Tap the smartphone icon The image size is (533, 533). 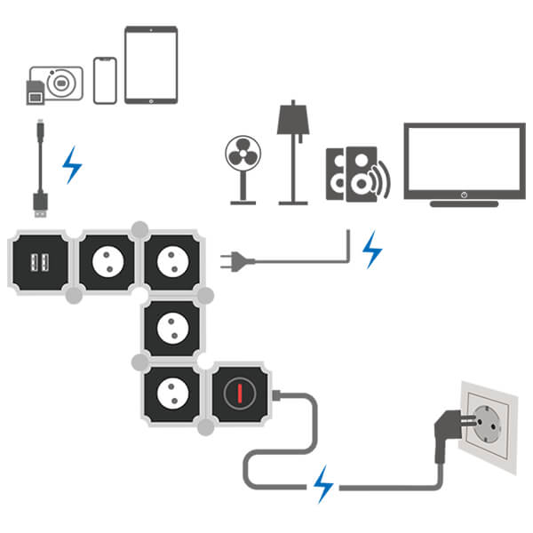point(105,80)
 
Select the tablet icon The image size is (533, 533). point(151,64)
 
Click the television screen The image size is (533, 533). point(464,160)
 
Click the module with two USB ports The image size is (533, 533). point(39,262)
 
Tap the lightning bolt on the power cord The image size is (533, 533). point(322,485)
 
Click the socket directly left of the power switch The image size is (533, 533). point(171,393)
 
